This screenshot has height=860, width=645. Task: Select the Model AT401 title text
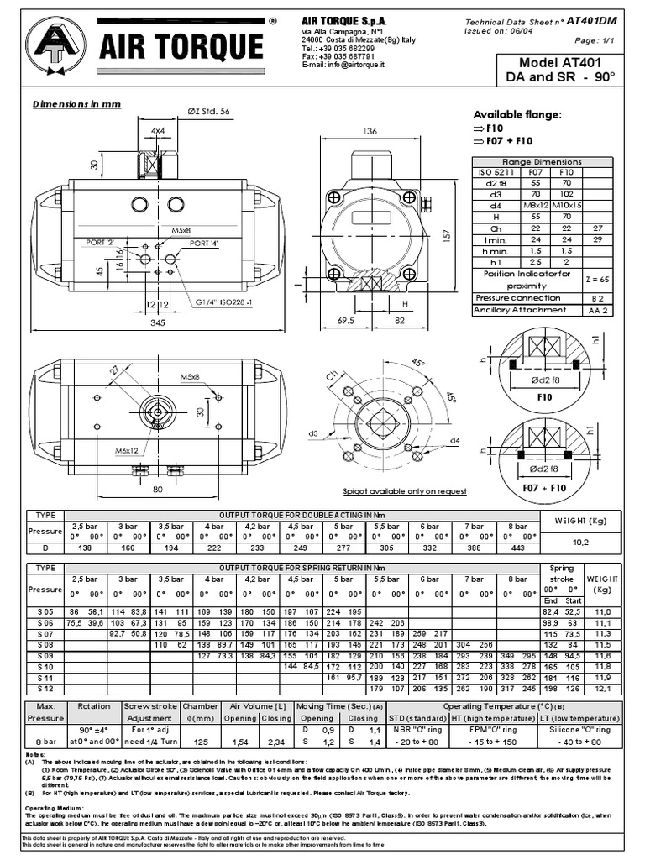tap(561, 63)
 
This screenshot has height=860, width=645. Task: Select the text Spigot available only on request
tap(405, 491)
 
